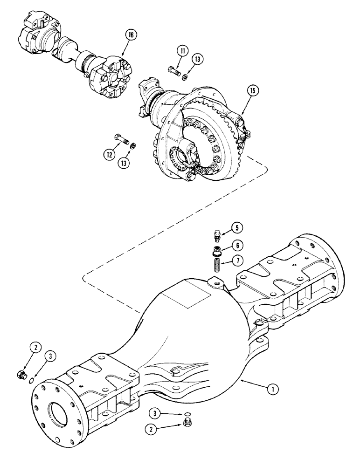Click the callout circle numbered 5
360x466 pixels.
coord(237,228)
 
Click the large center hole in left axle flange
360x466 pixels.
coord(61,411)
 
